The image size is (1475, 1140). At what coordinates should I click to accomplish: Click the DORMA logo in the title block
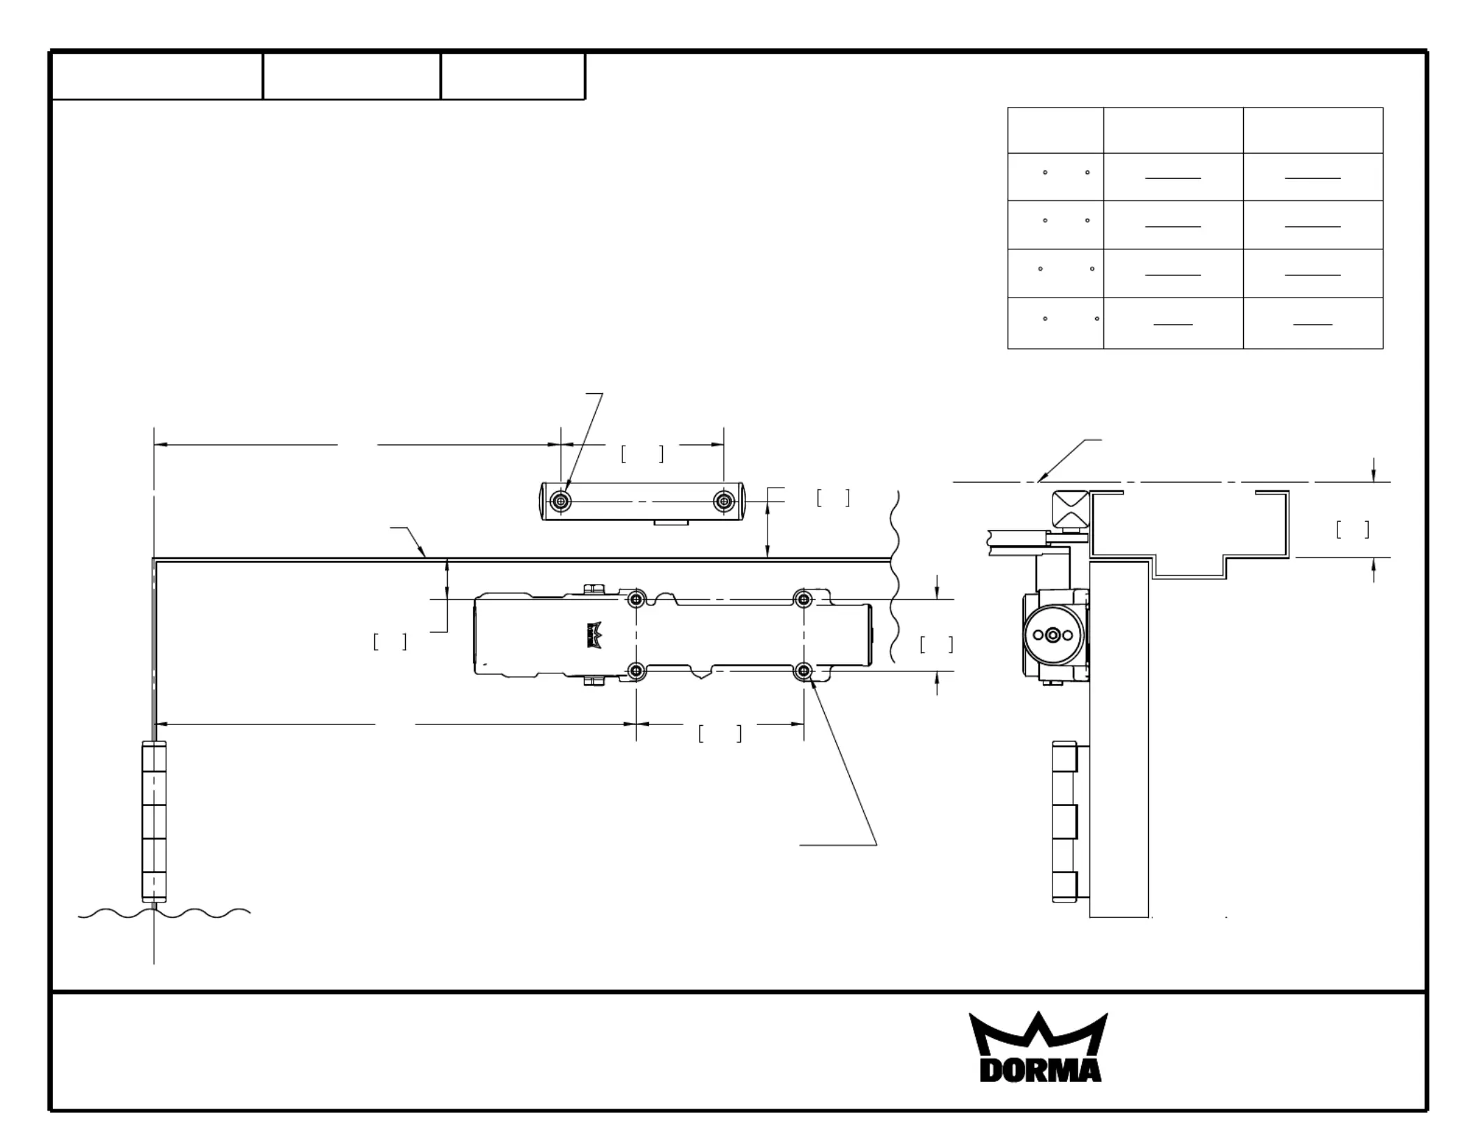tap(1039, 1046)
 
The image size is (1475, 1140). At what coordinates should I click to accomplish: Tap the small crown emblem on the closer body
tap(594, 635)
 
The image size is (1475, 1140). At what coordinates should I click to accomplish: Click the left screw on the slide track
tap(561, 501)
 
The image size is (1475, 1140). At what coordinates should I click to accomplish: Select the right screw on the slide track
tap(724, 501)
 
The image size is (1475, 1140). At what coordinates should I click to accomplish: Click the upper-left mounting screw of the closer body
tap(636, 599)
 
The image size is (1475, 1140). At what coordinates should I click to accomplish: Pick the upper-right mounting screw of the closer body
tap(804, 599)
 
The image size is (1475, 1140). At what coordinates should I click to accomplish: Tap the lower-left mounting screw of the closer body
tap(636, 671)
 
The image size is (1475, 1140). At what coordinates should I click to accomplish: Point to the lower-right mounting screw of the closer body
tap(804, 671)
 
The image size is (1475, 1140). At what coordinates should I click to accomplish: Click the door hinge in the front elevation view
tap(154, 821)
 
